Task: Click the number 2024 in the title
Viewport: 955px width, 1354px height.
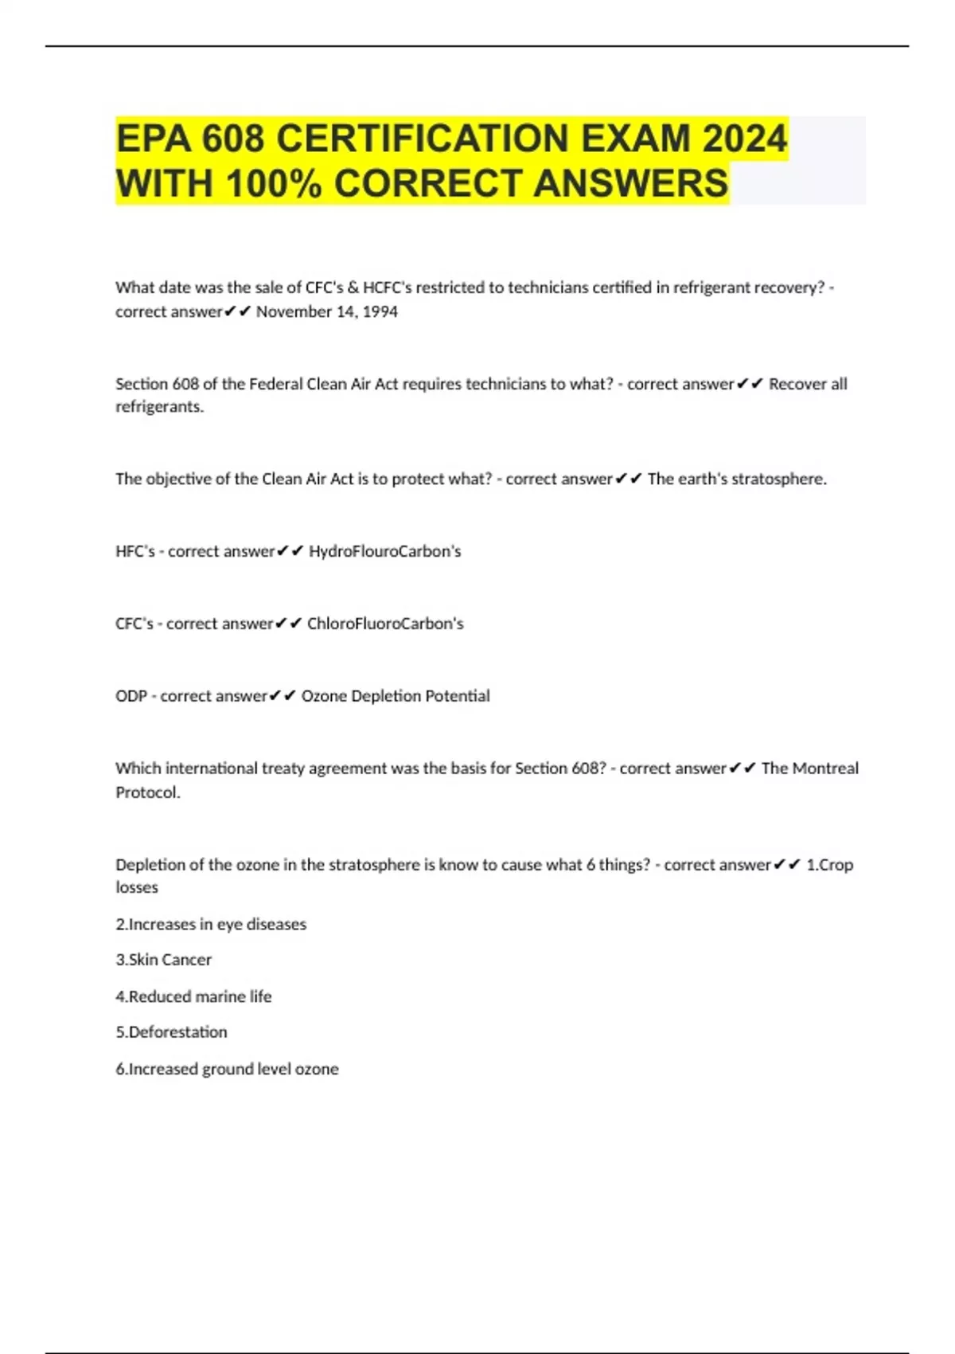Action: (745, 139)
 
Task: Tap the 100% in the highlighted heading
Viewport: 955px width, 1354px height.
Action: (274, 183)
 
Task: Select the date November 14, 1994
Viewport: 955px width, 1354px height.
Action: (326, 311)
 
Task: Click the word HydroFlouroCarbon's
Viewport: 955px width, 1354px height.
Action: (384, 551)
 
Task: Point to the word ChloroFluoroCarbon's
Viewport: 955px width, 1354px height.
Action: (385, 624)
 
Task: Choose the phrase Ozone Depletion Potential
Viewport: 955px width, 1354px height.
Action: (396, 696)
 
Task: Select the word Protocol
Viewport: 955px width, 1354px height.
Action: (147, 792)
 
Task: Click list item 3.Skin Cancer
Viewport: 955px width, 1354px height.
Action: (164, 960)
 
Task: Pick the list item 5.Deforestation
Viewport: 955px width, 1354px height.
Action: (171, 1032)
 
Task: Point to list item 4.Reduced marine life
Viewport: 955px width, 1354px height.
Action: (193, 996)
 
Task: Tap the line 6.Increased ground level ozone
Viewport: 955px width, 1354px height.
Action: (227, 1069)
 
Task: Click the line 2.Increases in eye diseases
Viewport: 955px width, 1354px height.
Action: (211, 924)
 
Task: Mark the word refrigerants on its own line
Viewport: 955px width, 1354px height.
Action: (159, 407)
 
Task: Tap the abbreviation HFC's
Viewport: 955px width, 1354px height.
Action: (134, 551)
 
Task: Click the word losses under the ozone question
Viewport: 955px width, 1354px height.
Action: (137, 887)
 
